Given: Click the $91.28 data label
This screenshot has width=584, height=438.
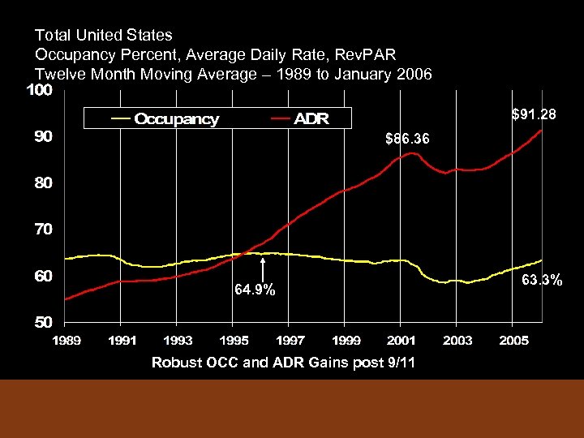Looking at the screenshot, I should coord(533,115).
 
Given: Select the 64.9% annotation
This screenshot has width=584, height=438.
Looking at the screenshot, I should coord(255,290).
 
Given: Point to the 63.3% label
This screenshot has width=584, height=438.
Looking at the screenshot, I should coord(542,281).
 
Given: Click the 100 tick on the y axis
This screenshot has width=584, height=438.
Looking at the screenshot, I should coord(39,91).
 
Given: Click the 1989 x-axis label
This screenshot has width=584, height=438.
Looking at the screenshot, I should coord(67,340).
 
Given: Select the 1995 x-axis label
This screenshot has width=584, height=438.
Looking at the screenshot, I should coord(234,340).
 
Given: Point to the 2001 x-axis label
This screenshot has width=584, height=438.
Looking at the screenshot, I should coord(402,340).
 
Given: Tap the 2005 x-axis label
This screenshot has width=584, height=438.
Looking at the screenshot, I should coord(514,340).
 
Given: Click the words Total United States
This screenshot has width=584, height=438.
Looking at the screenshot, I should coord(104,35).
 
